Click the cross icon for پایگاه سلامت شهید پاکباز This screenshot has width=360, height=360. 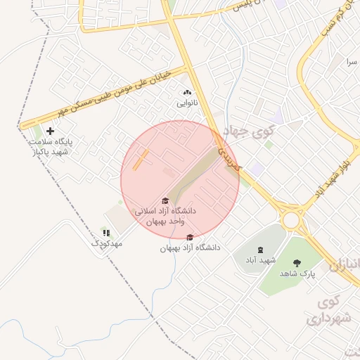pyautogui.click(x=50, y=131)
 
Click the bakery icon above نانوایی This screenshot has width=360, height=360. pyautogui.click(x=187, y=93)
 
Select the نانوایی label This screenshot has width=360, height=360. pyautogui.click(x=187, y=103)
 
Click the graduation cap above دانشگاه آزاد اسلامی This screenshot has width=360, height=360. pyautogui.click(x=165, y=201)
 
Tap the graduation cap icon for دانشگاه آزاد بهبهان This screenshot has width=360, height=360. pyautogui.click(x=190, y=237)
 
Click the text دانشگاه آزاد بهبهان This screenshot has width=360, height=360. pyautogui.click(x=190, y=247)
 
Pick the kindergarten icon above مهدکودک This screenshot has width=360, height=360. pyautogui.click(x=106, y=232)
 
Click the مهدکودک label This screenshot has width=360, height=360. pyautogui.click(x=107, y=243)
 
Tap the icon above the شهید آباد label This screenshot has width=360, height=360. pyautogui.click(x=260, y=250)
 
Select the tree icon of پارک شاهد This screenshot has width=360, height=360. pyautogui.click(x=297, y=263)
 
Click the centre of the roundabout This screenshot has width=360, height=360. pyautogui.click(x=291, y=220)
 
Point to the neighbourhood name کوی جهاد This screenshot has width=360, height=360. pyautogui.click(x=248, y=131)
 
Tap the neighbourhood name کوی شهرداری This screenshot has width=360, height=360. pyautogui.click(x=328, y=311)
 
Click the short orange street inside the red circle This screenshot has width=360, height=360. pyautogui.click(x=141, y=160)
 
